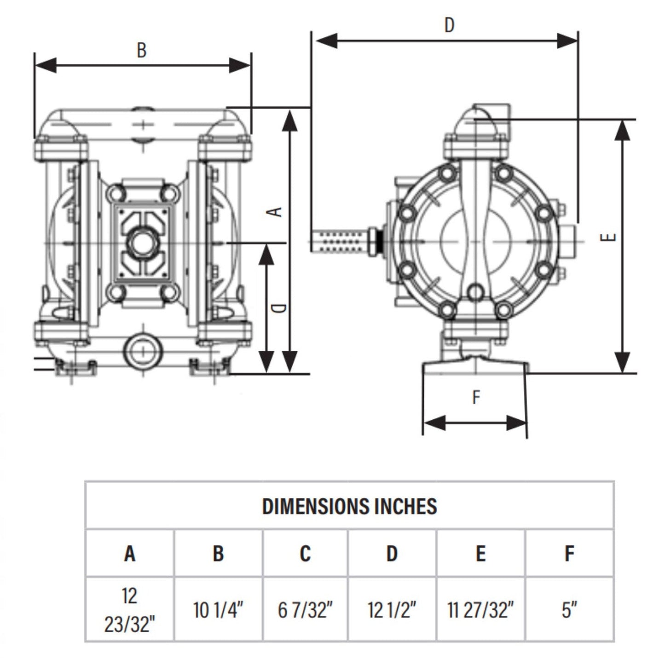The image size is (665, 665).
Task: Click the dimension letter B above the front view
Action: [x=142, y=50]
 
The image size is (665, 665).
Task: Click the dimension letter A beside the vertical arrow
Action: [x=275, y=211]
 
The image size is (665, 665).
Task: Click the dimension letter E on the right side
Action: [x=609, y=237]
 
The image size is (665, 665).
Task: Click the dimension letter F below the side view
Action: [x=476, y=397]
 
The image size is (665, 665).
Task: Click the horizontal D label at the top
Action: [x=449, y=25]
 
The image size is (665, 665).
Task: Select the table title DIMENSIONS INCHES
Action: [x=349, y=506]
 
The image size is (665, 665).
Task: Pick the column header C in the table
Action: [x=305, y=553]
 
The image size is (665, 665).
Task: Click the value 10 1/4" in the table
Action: [x=218, y=610]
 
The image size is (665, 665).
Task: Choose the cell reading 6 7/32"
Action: [x=305, y=610]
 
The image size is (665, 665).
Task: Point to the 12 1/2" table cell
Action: [x=392, y=610]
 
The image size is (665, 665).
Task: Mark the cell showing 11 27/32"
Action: [x=480, y=610]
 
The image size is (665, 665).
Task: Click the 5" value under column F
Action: [x=569, y=610]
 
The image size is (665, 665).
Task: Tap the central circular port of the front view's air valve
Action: [x=142, y=241]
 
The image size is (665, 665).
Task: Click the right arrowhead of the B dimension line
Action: [x=240, y=66]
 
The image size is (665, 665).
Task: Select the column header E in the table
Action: [x=480, y=553]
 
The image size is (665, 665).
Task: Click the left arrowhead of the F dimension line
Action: [x=434, y=422]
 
